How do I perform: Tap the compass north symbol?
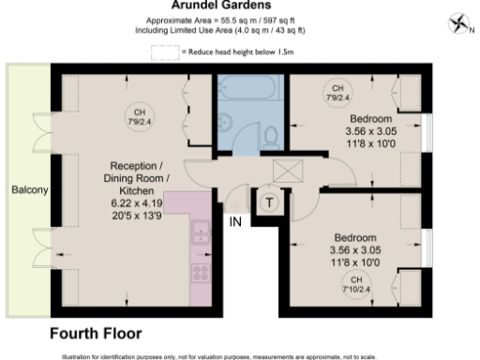point(457,22)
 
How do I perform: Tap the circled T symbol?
point(269,202)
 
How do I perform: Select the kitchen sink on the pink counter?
point(199,232)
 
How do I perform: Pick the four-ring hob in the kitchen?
point(200,273)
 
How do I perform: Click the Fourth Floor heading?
point(95,333)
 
